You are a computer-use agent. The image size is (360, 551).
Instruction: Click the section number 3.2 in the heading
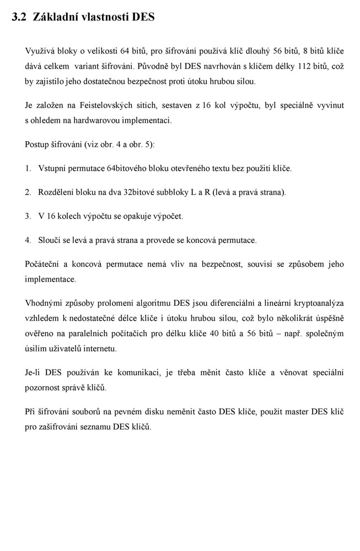(x=19, y=17)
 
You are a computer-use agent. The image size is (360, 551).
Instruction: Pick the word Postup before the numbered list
(x=38, y=144)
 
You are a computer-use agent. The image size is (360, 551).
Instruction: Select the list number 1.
(x=28, y=168)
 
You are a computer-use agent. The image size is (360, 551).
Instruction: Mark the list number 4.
(x=28, y=240)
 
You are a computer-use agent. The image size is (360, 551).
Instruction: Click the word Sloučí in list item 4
(x=51, y=240)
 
